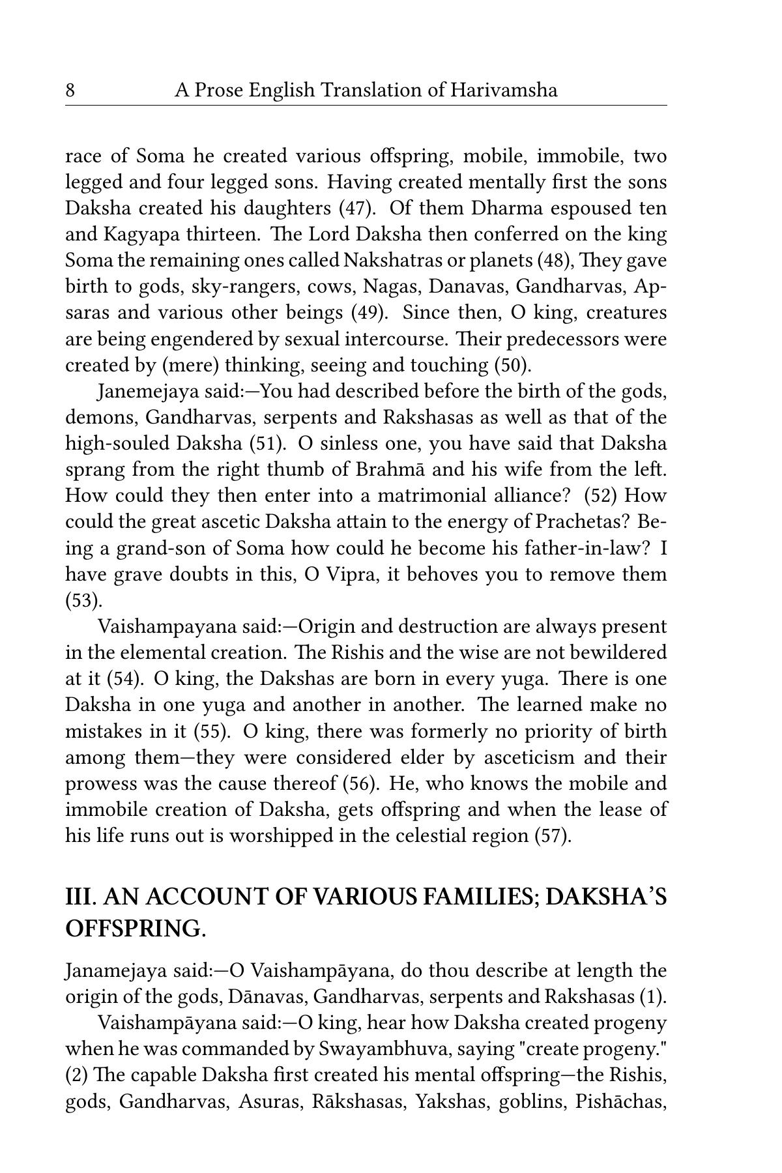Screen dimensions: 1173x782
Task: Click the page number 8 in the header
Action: pos(70,90)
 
